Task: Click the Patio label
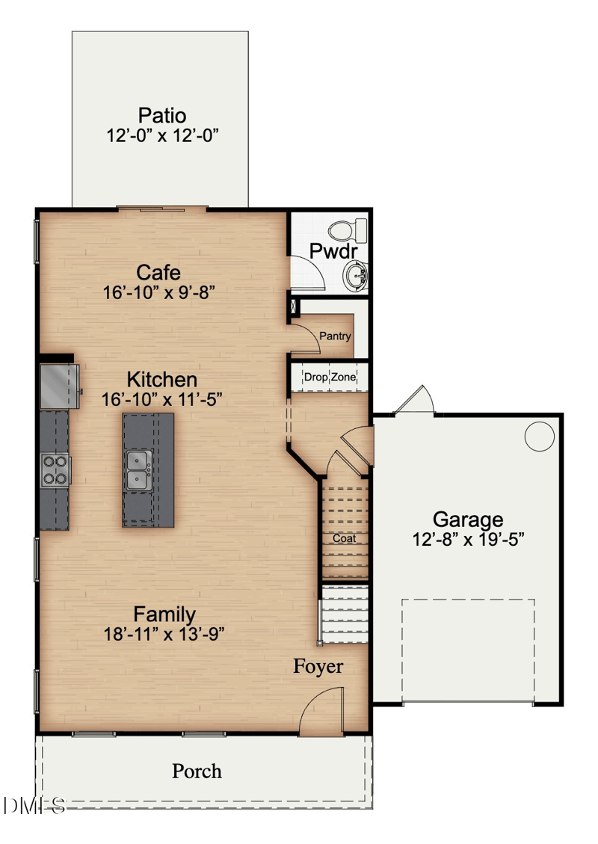click(161, 116)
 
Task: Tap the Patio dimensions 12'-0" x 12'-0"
click(161, 136)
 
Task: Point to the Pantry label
click(335, 336)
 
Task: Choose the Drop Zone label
click(330, 378)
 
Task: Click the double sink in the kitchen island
click(138, 470)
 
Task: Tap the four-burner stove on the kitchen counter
click(55, 470)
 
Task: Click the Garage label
click(468, 519)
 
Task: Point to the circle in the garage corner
click(539, 436)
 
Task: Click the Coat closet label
click(344, 538)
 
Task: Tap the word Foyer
click(318, 666)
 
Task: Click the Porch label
click(197, 771)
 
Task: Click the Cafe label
click(158, 272)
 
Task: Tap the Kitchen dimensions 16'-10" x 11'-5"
click(161, 400)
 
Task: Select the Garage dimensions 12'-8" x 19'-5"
click(468, 539)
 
